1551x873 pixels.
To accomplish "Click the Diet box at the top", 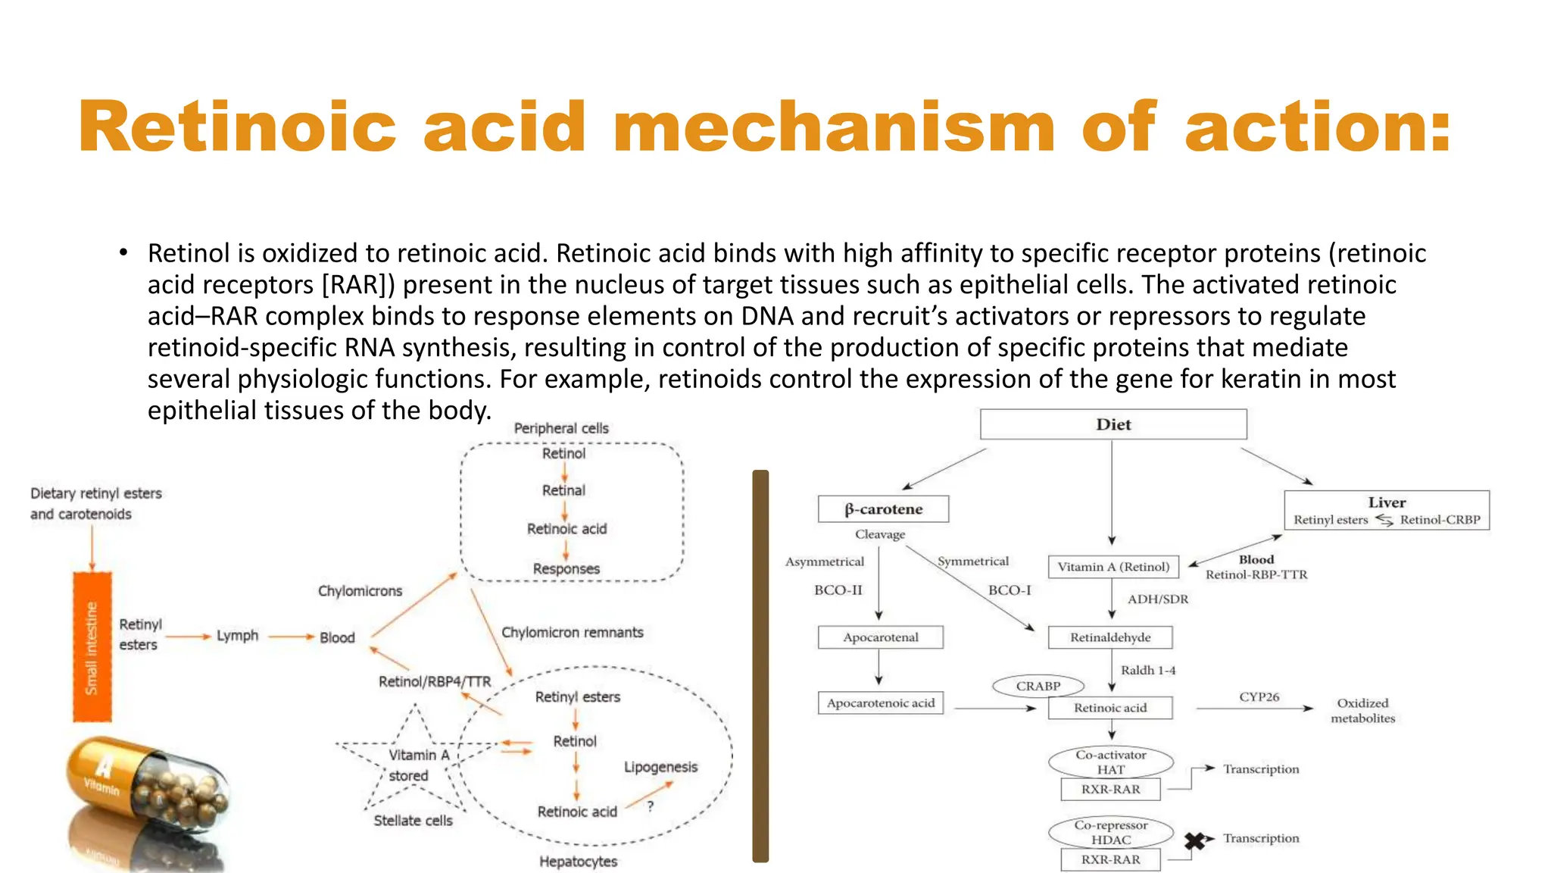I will pyautogui.click(x=1113, y=424).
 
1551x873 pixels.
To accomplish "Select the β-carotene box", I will pyautogui.click(x=883, y=509).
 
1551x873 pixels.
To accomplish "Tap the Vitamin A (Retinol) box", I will pyautogui.click(x=1113, y=567).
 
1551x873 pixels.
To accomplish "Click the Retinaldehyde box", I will pyautogui.click(x=1109, y=637).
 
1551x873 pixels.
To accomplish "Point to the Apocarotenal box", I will pyautogui.click(x=880, y=637).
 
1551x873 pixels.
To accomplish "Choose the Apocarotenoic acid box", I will pyautogui.click(x=880, y=703).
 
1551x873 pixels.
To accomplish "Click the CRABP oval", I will pyautogui.click(x=1038, y=686).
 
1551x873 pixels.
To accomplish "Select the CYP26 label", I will pyautogui.click(x=1259, y=697).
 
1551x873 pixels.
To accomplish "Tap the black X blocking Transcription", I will pyautogui.click(x=1194, y=840).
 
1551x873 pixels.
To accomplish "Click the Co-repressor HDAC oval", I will pyautogui.click(x=1110, y=832).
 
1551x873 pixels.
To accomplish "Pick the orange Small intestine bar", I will pyautogui.click(x=92, y=647).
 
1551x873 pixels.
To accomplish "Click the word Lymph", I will pyautogui.click(x=237, y=636).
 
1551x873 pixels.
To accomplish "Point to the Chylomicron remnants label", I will pyautogui.click(x=572, y=633).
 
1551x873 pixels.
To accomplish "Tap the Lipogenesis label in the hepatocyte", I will pyautogui.click(x=660, y=767).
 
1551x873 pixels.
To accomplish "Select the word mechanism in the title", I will pyautogui.click(x=833, y=127).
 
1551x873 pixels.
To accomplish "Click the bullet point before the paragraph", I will pyautogui.click(x=123, y=253).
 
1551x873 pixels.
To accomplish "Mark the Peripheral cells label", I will pyautogui.click(x=561, y=428).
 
